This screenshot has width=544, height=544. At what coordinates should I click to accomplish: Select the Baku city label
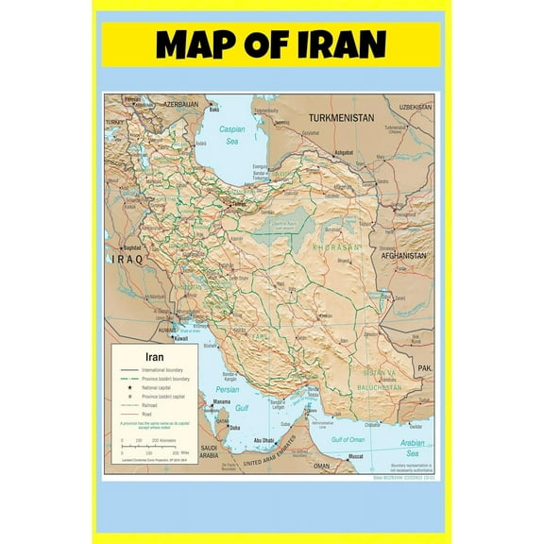pyautogui.click(x=214, y=109)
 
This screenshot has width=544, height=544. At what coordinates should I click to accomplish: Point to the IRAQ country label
pyautogui.click(x=127, y=258)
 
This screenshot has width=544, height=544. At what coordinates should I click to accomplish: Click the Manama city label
pyautogui.click(x=221, y=400)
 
